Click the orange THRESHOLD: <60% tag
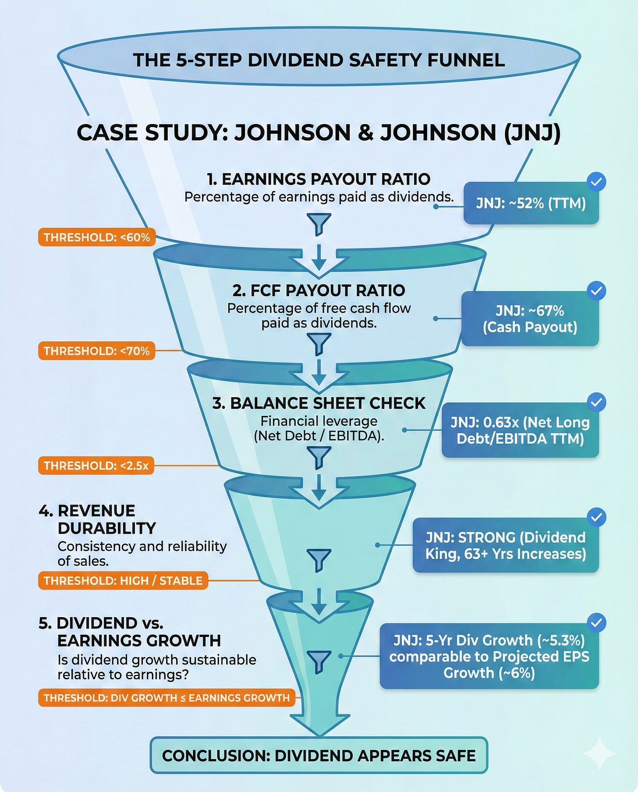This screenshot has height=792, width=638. pyautogui.click(x=97, y=237)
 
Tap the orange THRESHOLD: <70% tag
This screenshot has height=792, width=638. pyautogui.click(x=97, y=351)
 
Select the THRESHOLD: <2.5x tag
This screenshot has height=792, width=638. pyautogui.click(x=96, y=465)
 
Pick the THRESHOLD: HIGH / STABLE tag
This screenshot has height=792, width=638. pyautogui.click(x=123, y=580)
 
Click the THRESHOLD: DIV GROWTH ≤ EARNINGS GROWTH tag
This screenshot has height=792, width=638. pyautogui.click(x=167, y=698)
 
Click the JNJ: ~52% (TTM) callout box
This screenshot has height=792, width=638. pyautogui.click(x=531, y=204)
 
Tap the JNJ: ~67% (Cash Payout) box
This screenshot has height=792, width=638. pyautogui.click(x=530, y=319)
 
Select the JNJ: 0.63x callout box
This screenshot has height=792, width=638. pyautogui.click(x=520, y=430)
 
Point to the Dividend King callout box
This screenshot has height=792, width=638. pyautogui.click(x=505, y=545)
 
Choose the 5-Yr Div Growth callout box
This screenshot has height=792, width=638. pyautogui.click(x=489, y=656)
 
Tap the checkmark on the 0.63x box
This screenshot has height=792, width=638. pyautogui.click(x=596, y=402)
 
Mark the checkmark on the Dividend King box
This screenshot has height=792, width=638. pyautogui.click(x=596, y=517)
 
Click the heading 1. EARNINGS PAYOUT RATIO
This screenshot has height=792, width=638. pyautogui.click(x=319, y=179)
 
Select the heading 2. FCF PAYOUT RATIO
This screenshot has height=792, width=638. pyautogui.click(x=319, y=290)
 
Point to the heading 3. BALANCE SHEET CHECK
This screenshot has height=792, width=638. pyautogui.click(x=319, y=403)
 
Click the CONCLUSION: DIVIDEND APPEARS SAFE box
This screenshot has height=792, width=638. pyautogui.click(x=319, y=755)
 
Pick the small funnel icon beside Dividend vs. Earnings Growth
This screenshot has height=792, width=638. pyautogui.click(x=319, y=661)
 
